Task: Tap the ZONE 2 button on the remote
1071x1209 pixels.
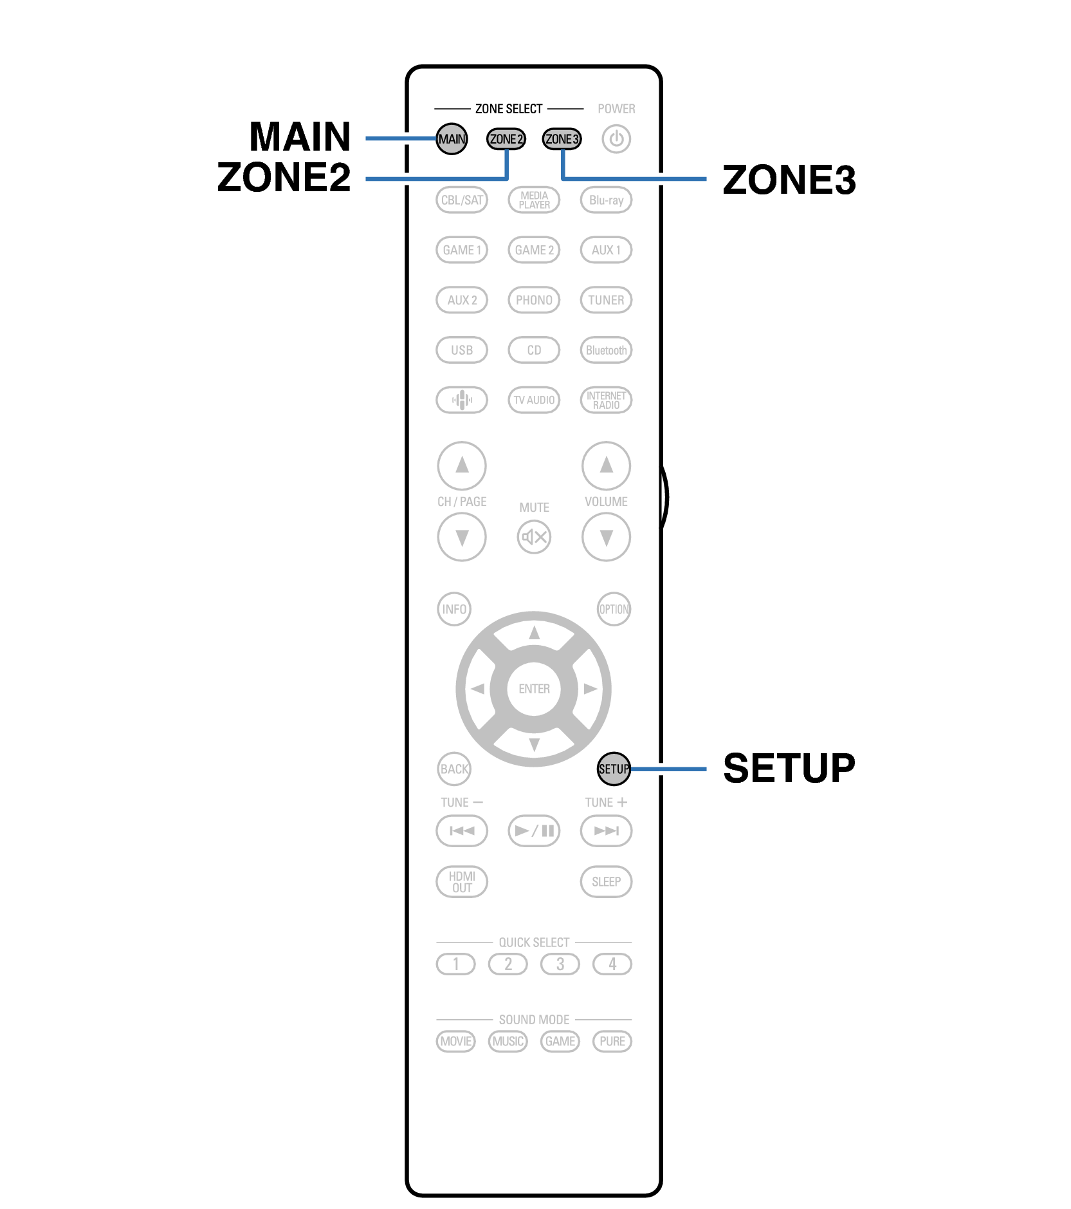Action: tap(506, 139)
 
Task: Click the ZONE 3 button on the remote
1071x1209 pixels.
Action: tap(562, 139)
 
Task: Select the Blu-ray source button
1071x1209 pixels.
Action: tap(606, 200)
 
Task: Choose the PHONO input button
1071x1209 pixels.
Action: tap(534, 300)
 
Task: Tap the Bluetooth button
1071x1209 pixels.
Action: tap(606, 350)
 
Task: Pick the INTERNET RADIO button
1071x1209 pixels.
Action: tap(606, 400)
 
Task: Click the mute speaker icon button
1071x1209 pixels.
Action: tap(534, 537)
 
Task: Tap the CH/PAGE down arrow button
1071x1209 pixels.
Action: tap(462, 537)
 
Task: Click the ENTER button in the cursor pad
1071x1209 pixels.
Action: tap(534, 689)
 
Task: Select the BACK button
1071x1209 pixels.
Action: tap(454, 769)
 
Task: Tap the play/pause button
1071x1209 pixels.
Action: tap(534, 830)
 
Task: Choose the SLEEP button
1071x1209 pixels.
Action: tap(606, 881)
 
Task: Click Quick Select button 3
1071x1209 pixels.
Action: tap(560, 964)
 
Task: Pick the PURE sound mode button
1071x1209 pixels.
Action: tap(612, 1041)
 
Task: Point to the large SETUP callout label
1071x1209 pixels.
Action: tap(789, 768)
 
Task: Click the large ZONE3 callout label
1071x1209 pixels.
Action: tap(789, 179)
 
